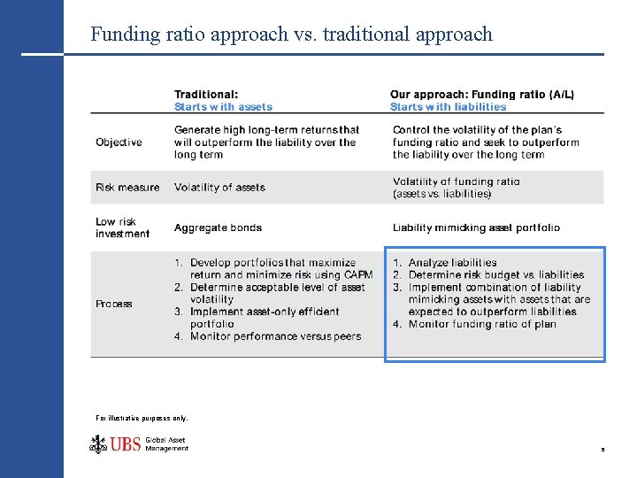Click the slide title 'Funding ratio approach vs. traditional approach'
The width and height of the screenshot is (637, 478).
291,35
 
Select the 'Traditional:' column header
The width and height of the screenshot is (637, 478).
206,95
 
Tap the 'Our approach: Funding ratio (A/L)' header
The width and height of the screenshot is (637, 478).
481,95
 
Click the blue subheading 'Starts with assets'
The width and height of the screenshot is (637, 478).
223,107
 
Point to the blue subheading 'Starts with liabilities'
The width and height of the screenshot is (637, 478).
448,107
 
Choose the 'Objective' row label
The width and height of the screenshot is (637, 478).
119,143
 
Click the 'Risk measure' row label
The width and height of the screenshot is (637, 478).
127,188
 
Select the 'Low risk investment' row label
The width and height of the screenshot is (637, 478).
122,227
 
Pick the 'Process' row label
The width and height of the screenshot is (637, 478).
114,304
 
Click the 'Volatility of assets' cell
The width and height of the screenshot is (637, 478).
219,188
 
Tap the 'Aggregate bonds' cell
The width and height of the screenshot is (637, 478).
218,227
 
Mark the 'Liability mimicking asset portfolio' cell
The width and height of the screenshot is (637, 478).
476,227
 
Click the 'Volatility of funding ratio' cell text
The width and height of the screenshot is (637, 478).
457,181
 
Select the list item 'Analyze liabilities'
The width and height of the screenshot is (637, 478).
452,263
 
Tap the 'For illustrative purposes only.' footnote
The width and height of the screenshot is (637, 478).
142,418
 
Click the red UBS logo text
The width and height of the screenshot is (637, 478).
126,443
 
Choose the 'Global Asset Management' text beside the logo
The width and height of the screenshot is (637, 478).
166,444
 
